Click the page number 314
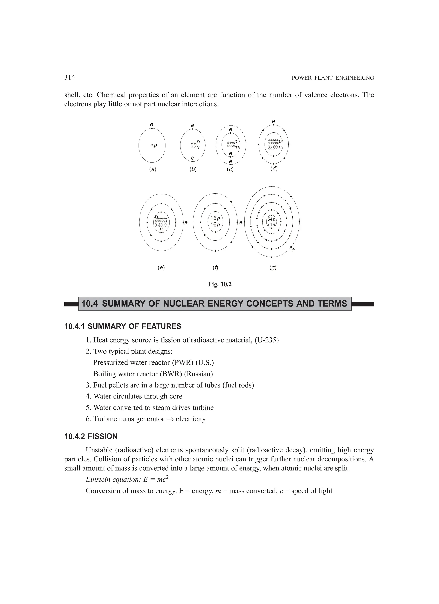[69, 78]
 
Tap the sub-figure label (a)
[152, 169]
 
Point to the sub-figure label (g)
[273, 268]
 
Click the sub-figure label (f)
[215, 268]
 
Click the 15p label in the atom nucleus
[215, 219]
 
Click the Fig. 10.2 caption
[220, 284]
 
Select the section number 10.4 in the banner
[90, 304]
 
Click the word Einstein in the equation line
[98, 480]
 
